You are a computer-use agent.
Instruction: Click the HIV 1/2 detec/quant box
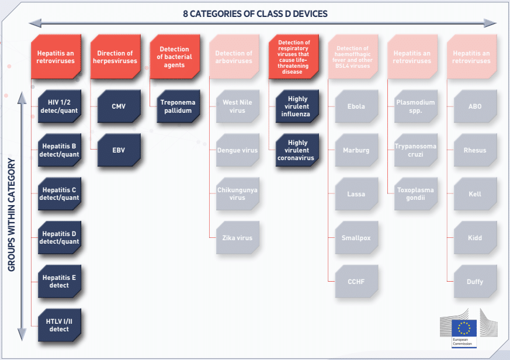[x=59, y=106]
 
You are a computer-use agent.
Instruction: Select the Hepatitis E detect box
[x=59, y=282]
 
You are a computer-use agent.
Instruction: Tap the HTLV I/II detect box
[x=59, y=326]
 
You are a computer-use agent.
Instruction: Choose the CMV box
[x=119, y=106]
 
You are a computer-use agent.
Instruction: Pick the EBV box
[x=119, y=150]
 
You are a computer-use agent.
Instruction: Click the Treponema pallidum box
[x=178, y=106]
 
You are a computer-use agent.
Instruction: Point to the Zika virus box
[x=237, y=238]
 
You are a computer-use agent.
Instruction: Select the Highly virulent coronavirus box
[x=297, y=150]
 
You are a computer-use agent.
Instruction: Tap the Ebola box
[x=356, y=106]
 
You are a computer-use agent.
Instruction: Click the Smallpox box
[x=356, y=238]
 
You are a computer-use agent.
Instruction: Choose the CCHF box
[x=356, y=282]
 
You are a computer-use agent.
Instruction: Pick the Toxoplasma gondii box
[x=416, y=194]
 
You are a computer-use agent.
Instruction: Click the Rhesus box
[x=475, y=150]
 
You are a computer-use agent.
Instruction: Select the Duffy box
[x=475, y=282]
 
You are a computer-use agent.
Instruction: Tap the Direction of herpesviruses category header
[x=116, y=57]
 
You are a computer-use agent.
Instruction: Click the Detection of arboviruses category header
[x=234, y=57]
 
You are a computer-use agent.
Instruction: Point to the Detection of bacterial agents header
[x=175, y=57]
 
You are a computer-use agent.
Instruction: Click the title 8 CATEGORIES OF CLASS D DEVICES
[x=255, y=13]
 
